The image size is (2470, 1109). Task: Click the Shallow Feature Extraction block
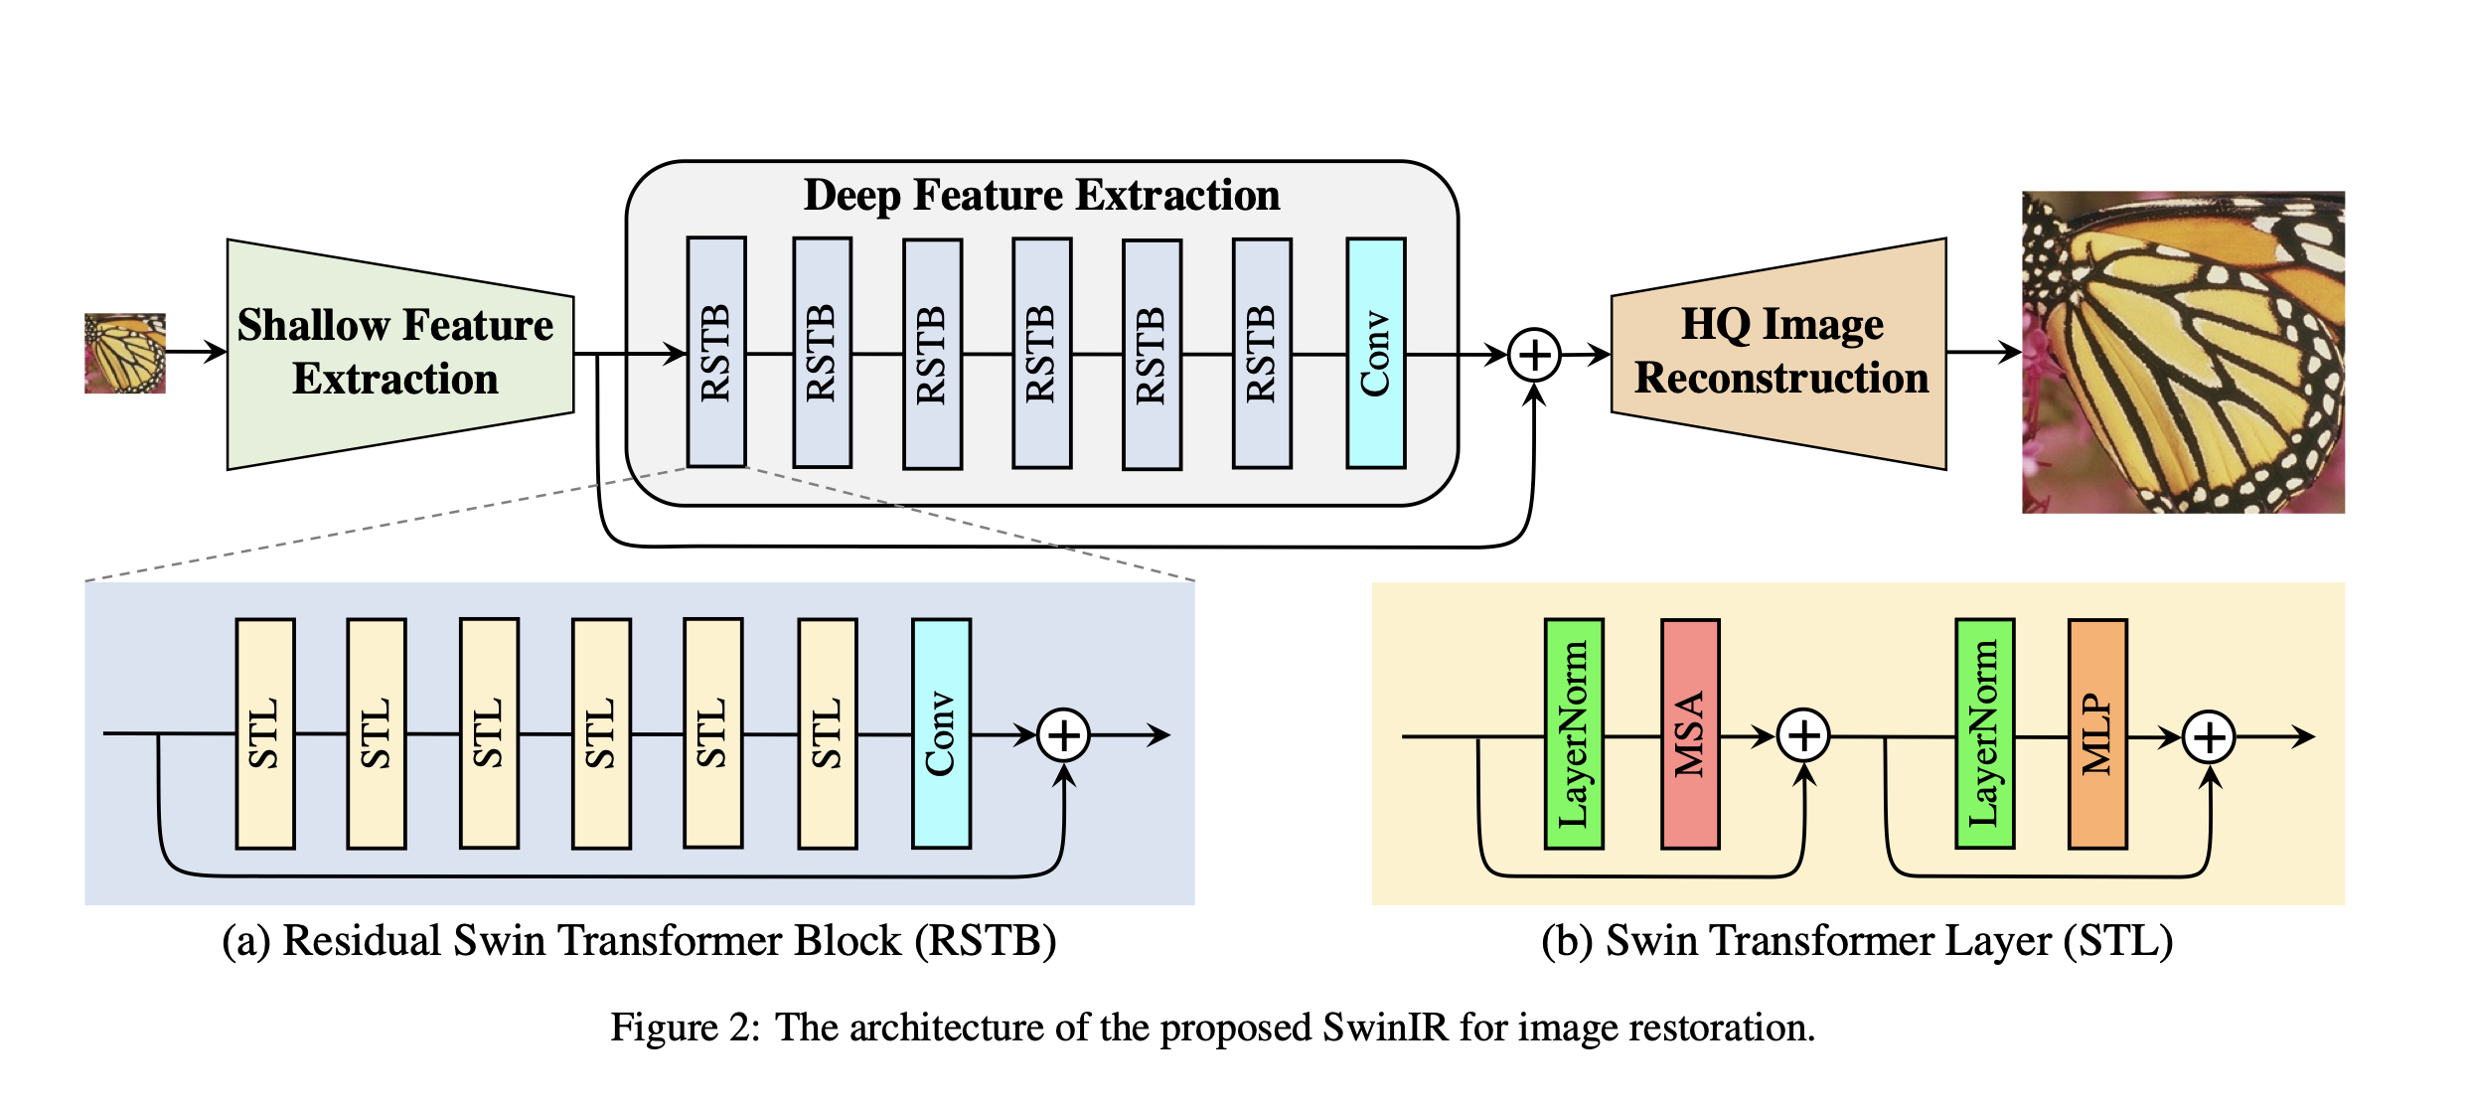(x=397, y=353)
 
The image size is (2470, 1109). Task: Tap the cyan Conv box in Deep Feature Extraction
(x=1375, y=353)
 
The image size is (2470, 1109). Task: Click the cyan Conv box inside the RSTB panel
(x=941, y=733)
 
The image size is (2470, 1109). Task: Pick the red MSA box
(x=1690, y=733)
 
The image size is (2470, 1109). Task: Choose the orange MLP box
(x=2097, y=733)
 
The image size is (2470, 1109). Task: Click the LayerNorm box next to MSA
(x=1574, y=733)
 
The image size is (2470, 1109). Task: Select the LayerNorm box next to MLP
(x=1984, y=733)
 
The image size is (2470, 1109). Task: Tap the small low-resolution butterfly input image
(x=125, y=353)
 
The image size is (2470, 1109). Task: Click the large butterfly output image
(x=2183, y=352)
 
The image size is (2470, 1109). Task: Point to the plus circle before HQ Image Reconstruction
(x=1534, y=355)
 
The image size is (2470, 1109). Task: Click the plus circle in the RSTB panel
(x=1063, y=735)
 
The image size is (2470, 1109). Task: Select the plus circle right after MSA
(x=1803, y=735)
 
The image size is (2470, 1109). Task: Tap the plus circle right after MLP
(x=2209, y=736)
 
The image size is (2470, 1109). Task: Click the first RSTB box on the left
(x=716, y=353)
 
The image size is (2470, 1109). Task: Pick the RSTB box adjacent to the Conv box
(x=1262, y=353)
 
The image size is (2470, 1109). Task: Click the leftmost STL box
(x=265, y=733)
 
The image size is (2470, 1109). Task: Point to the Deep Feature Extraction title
(x=1041, y=195)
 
